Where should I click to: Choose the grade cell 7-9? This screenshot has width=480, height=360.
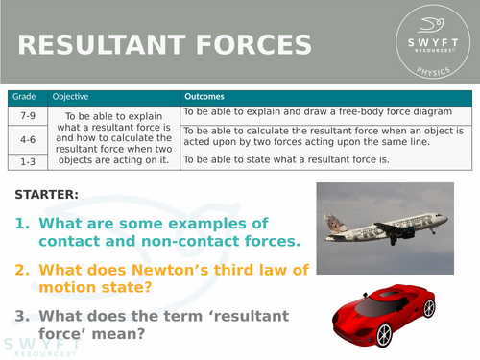28,115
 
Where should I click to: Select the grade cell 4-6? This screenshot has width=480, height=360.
28,138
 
